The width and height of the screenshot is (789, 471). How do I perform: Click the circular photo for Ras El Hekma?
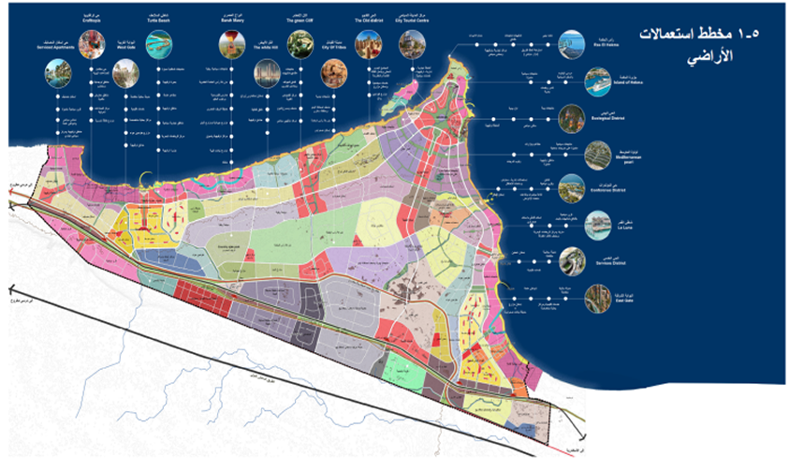(570, 43)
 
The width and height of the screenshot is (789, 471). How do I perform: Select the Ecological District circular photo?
(570, 120)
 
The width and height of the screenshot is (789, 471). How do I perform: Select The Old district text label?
(367, 18)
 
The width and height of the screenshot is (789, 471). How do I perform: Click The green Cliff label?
(300, 18)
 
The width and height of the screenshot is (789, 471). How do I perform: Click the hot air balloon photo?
(227, 43)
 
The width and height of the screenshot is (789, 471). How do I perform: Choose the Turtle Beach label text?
(165, 18)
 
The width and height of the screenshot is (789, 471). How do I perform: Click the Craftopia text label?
(93, 18)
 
